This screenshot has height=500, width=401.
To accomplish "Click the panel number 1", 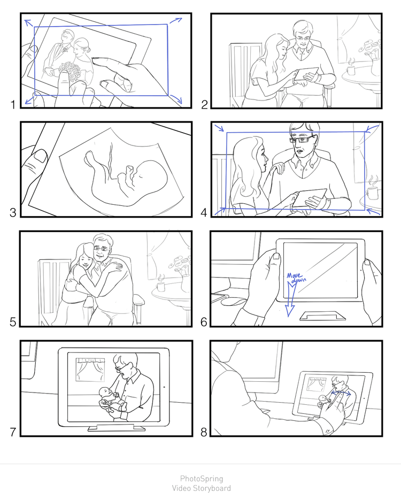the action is click(13, 104).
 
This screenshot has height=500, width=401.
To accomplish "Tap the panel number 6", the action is click(204, 322).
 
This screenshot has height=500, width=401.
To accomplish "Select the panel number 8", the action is click(204, 432).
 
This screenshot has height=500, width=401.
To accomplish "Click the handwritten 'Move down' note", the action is click(296, 277).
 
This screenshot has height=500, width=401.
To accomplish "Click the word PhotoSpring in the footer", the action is click(202, 479).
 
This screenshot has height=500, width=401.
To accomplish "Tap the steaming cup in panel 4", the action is click(372, 190).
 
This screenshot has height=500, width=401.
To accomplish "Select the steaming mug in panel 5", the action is click(160, 284).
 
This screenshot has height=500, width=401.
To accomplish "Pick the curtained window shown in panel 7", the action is click(90, 370).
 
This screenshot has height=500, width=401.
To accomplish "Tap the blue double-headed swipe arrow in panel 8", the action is click(341, 393).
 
